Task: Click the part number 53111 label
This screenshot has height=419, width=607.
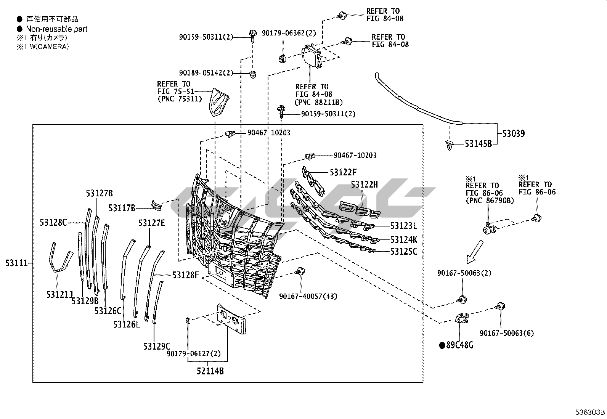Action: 16,263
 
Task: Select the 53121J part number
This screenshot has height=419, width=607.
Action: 59,294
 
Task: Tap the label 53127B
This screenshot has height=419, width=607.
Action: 99,193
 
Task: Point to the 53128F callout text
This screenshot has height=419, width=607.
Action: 186,275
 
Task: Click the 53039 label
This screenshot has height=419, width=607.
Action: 513,133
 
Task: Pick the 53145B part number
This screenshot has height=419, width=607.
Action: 478,144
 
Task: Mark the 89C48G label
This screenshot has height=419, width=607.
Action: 459,345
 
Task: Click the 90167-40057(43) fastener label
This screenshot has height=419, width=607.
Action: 308,296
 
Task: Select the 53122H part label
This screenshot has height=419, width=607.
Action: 365,185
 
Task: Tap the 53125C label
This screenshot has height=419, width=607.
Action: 403,252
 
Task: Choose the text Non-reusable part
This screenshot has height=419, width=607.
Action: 56,29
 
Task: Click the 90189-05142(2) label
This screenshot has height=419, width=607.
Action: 206,73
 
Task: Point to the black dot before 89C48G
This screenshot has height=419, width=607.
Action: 442,345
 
